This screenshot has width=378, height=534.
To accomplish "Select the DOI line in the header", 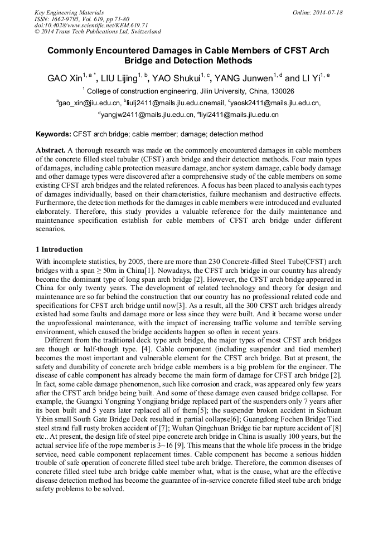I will click(x=83, y=26).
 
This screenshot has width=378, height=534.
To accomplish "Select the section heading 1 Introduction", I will click(x=59, y=249).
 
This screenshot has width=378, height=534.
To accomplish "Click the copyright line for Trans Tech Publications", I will click(x=98, y=32).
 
